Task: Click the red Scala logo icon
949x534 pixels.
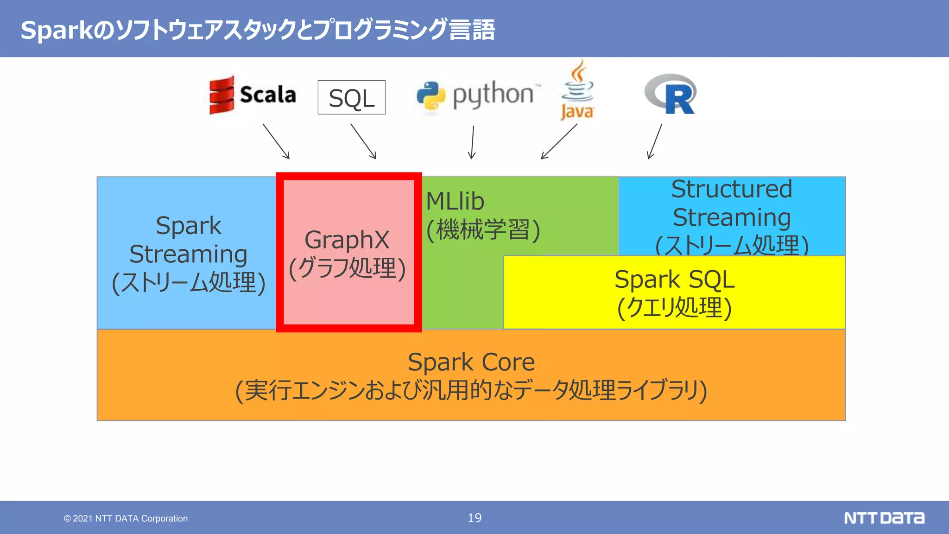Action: click(x=221, y=95)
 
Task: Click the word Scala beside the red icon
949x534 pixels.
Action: click(x=268, y=95)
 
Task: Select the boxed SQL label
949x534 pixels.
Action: click(x=351, y=98)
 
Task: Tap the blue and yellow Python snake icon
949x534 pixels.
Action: click(x=431, y=96)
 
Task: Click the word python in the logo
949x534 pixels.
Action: click(x=493, y=95)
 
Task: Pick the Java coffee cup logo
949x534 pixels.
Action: click(x=577, y=90)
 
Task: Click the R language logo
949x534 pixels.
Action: click(x=671, y=94)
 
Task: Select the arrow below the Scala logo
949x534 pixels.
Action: click(x=276, y=141)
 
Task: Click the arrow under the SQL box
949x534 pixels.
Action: click(x=363, y=141)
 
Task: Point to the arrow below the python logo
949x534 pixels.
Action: click(x=472, y=142)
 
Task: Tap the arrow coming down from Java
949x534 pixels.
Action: click(x=559, y=141)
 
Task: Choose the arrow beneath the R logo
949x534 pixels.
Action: click(x=655, y=141)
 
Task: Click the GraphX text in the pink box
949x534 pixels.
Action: click(x=347, y=240)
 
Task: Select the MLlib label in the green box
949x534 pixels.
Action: click(x=455, y=202)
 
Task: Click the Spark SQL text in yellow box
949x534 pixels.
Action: click(x=674, y=280)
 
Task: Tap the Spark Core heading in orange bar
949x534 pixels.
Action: click(x=471, y=362)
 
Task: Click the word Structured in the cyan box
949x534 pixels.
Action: click(x=732, y=189)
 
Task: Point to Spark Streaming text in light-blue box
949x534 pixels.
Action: click(x=188, y=240)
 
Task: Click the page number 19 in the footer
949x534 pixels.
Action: click(x=474, y=518)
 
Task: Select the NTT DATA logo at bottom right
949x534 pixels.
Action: click(x=884, y=518)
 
